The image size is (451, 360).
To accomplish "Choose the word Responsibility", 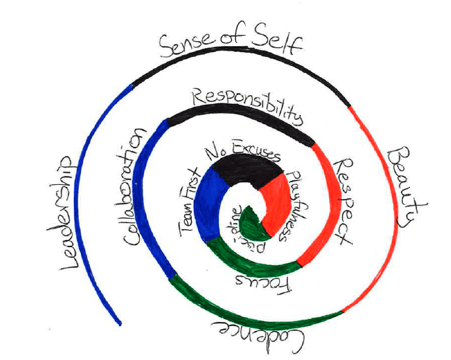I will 247,107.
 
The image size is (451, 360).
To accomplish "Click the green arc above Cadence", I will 257,311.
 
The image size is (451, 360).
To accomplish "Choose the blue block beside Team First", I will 207,199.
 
